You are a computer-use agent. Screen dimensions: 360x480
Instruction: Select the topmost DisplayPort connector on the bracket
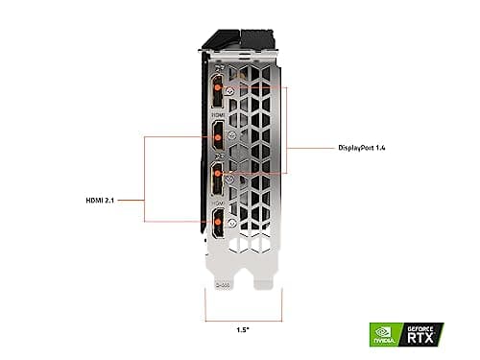point(219,91)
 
